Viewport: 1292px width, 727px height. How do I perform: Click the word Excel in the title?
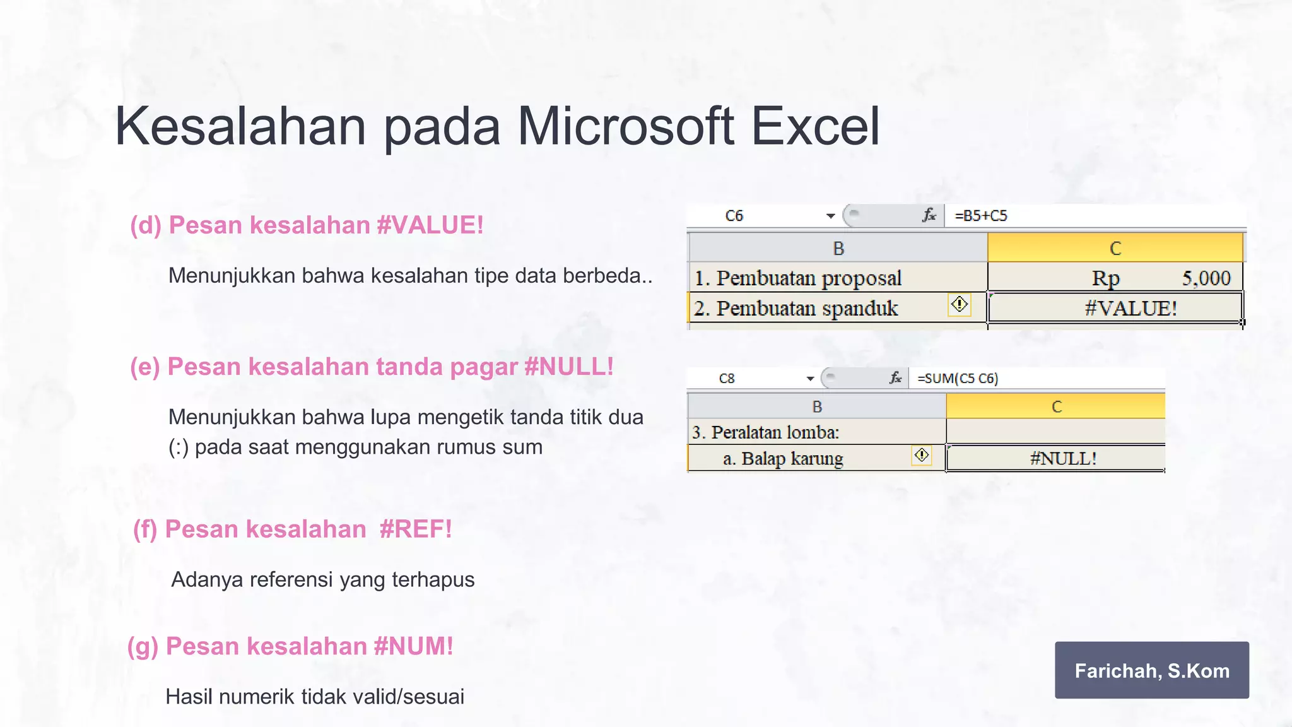(815, 126)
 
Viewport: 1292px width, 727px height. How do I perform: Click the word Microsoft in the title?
(626, 126)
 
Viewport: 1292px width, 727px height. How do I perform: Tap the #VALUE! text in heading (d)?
(430, 225)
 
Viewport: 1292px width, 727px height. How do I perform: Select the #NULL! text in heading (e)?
(568, 367)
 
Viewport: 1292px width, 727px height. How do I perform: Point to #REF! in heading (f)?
(416, 529)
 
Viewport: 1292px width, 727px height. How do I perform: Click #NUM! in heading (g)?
(413, 646)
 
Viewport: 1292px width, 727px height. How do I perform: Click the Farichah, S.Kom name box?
(1151, 670)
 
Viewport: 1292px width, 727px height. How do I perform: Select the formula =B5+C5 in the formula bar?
(980, 216)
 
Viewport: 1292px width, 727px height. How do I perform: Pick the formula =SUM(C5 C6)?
(957, 379)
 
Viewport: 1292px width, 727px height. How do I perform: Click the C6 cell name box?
(734, 216)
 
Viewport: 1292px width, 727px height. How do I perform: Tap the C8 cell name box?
(727, 379)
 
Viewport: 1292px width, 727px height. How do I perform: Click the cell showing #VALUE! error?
(1115, 308)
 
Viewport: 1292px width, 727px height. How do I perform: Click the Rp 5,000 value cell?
(1115, 278)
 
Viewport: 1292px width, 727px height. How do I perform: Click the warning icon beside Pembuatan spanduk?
(959, 305)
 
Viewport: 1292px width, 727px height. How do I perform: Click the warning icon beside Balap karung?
(922, 455)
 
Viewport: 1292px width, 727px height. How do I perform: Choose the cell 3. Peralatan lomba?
(765, 432)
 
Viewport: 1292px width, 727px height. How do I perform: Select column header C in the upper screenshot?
(1115, 248)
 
